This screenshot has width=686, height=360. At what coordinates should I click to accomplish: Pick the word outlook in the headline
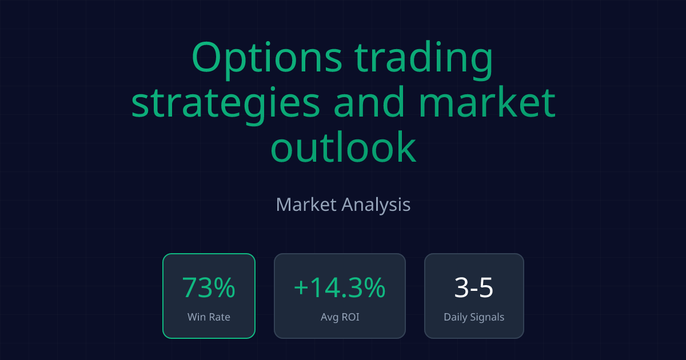(x=343, y=147)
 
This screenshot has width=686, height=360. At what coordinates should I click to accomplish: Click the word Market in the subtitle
(x=306, y=205)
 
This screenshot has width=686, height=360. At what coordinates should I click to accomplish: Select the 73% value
(x=209, y=288)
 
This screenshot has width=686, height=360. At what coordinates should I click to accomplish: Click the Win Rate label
(x=209, y=317)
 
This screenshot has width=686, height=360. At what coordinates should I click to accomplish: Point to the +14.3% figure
(x=340, y=288)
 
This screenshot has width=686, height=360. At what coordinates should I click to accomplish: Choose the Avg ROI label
(x=340, y=317)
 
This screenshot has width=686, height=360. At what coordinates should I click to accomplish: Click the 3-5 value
(x=474, y=288)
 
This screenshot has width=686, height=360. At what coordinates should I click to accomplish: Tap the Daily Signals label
(x=474, y=317)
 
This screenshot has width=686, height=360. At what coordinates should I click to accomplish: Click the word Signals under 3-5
(x=486, y=317)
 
